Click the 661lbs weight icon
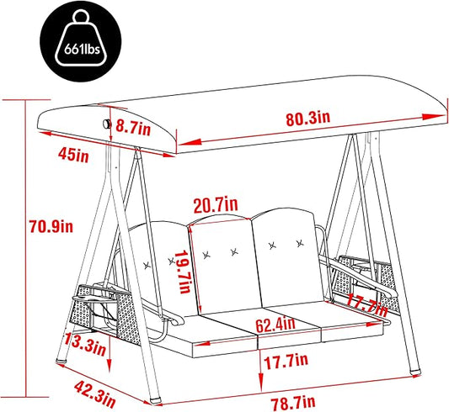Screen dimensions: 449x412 [x=81, y=42]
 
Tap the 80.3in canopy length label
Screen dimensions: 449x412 [x=307, y=119]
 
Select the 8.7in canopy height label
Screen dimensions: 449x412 [x=133, y=128]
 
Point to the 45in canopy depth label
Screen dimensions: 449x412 [x=73, y=156]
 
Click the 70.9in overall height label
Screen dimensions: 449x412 [x=51, y=226]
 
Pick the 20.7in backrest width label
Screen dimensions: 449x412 [x=216, y=204]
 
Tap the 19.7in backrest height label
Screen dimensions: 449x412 [x=182, y=272]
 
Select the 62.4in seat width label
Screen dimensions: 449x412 [x=275, y=325]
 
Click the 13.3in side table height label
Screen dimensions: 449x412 [x=85, y=344]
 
